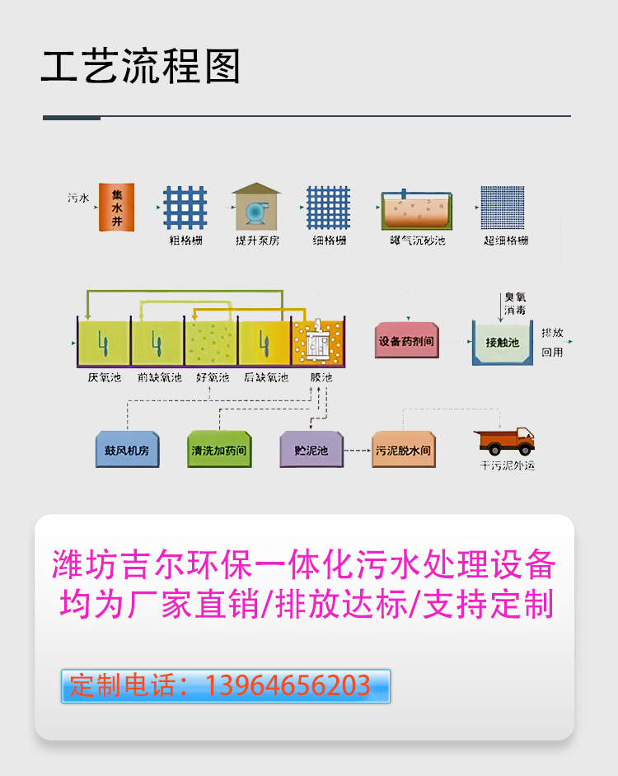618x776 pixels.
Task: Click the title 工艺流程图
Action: (140, 68)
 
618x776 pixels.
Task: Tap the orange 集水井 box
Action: (118, 205)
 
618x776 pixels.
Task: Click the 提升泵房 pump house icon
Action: (256, 206)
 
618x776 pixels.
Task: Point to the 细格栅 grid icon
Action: (328, 207)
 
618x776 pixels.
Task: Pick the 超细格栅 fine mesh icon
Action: (504, 207)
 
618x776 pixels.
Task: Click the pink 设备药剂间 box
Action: (405, 340)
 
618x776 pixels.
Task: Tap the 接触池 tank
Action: (502, 342)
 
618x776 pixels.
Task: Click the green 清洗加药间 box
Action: (218, 451)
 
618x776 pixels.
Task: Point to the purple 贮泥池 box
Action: (311, 451)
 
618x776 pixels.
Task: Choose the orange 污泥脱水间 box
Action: (403, 451)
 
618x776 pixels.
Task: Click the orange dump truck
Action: (507, 442)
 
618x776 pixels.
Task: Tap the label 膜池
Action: (321, 378)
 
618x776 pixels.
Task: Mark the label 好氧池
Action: (212, 378)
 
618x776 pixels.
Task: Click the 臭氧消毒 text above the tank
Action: (514, 303)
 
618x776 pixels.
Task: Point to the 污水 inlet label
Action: (78, 199)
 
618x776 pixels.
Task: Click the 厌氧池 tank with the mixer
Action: (104, 342)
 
